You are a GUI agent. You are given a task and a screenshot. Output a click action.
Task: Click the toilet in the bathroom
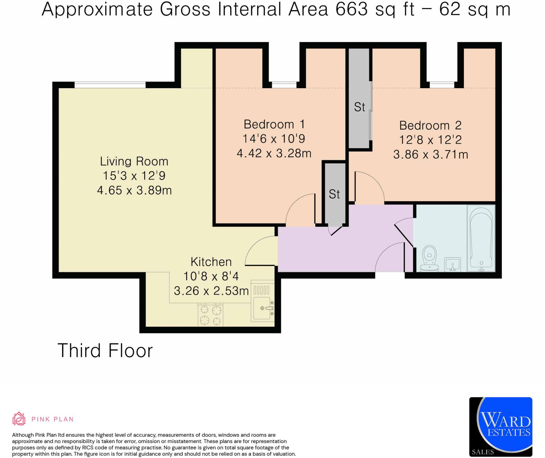[429, 258]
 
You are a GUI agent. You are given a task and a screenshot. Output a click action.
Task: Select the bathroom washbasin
[452, 264]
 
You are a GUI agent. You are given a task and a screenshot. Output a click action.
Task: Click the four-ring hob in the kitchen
[210, 315]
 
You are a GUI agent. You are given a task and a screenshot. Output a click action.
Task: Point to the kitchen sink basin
[262, 308]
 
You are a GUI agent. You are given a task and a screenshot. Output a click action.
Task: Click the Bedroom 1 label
[274, 124]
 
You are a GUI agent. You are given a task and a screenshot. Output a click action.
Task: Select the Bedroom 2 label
[430, 125]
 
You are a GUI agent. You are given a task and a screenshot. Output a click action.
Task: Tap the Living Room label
[134, 161]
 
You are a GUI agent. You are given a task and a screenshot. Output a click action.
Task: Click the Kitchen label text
[211, 262]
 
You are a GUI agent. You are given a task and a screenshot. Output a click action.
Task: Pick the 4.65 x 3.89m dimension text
[134, 191]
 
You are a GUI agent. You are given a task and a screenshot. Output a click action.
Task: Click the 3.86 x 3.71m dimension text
[431, 155]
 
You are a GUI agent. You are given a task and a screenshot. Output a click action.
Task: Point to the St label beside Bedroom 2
[360, 107]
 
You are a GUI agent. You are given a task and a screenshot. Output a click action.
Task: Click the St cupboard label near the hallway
[334, 194]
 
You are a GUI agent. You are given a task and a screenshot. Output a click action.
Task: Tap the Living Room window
[110, 85]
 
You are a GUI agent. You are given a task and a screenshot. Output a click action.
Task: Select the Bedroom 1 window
[284, 85]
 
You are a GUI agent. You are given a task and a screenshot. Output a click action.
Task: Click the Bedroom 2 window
[442, 85]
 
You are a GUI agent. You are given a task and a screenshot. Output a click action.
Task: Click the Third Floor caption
[105, 351]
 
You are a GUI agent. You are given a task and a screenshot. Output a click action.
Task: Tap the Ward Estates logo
[501, 427]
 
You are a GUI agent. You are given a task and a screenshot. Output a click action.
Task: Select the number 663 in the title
[352, 9]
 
